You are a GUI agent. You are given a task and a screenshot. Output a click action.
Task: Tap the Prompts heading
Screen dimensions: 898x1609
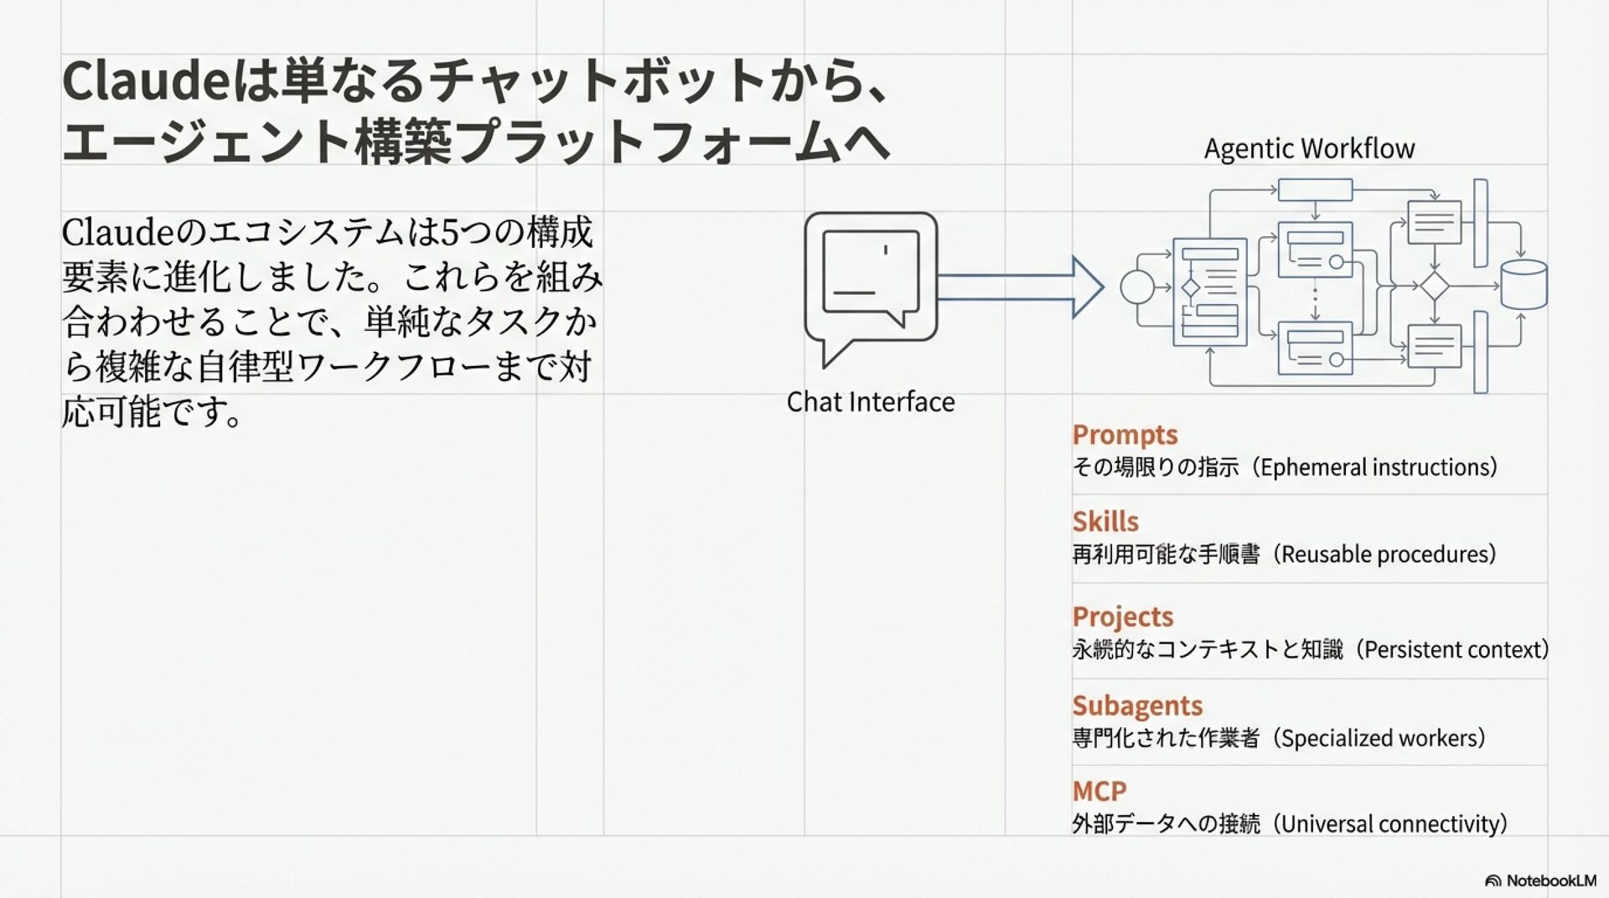point(1125,435)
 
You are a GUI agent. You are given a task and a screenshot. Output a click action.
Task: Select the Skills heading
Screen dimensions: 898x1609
point(1105,522)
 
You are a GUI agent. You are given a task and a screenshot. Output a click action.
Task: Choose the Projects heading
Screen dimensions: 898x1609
point(1122,617)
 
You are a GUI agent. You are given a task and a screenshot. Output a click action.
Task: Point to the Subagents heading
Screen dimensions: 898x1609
point(1137,705)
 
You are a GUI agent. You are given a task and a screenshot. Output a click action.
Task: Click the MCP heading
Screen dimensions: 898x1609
point(1099,791)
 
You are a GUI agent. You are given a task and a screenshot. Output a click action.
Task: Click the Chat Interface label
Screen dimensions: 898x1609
point(870,402)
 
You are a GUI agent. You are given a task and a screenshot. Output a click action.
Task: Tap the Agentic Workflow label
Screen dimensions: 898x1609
point(1309,148)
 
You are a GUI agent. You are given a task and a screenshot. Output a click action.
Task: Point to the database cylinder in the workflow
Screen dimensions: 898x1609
point(1523,285)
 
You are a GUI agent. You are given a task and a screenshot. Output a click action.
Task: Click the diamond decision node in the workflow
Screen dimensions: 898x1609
point(1434,286)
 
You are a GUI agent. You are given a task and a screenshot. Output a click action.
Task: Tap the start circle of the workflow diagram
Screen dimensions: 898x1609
point(1137,287)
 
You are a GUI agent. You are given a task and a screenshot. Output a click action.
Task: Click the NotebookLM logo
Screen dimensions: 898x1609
point(1540,880)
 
